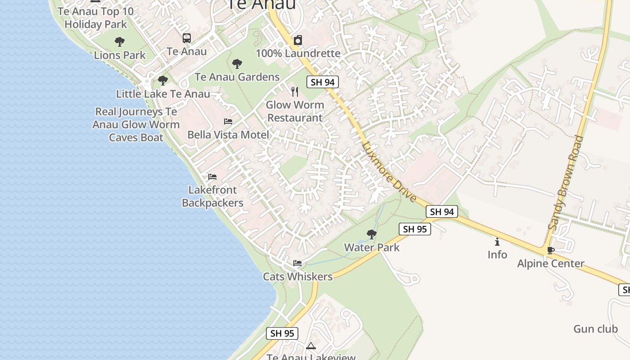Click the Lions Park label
coord(120,55)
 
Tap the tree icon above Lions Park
coord(120,42)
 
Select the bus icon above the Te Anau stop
coord(187,38)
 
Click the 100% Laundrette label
coord(298,54)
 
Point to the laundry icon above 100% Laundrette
coord(297,40)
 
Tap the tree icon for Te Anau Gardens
coord(237,64)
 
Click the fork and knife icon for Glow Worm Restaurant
coord(295,92)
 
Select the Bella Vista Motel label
coord(228,135)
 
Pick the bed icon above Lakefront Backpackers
coord(212,177)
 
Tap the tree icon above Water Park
coord(372,234)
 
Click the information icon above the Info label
coord(497,242)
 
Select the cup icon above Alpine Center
coord(550,250)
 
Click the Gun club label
coord(595,329)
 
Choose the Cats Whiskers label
coord(298,277)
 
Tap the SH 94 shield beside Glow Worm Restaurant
coord(323,82)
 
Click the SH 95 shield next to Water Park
coord(415,229)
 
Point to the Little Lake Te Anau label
coord(163,94)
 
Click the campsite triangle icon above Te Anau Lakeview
coord(310,346)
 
